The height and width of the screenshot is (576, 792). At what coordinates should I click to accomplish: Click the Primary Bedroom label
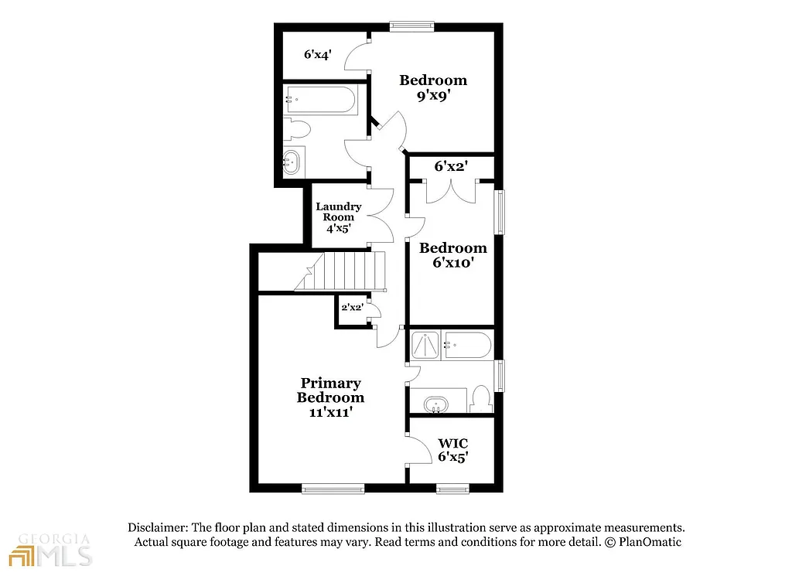[x=330, y=397]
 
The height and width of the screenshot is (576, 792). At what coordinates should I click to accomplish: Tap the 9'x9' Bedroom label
[x=432, y=88]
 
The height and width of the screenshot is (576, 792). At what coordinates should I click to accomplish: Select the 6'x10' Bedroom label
[x=452, y=255]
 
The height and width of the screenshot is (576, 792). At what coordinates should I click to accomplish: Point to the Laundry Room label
[x=338, y=217]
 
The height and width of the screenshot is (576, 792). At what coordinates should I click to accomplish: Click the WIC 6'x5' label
[x=452, y=450]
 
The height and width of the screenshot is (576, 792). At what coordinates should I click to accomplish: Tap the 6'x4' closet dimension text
[x=317, y=55]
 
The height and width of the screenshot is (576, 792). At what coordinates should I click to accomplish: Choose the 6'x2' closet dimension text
[x=452, y=165]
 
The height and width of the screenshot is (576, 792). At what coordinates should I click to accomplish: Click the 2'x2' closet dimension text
[x=352, y=307]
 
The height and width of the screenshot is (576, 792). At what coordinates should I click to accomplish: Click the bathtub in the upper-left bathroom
[x=321, y=99]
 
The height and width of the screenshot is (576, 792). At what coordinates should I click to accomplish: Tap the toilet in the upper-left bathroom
[x=297, y=128]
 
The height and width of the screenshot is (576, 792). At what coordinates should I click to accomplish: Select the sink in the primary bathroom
[x=436, y=404]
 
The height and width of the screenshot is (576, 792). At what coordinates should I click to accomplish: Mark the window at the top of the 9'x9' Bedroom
[x=411, y=26]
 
